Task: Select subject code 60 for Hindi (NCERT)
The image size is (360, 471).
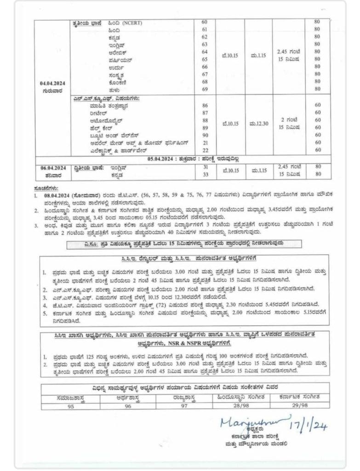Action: (205, 22)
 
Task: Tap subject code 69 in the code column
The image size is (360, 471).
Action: (205, 89)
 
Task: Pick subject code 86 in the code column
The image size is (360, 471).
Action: (205, 105)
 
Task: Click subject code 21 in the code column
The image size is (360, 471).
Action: (205, 143)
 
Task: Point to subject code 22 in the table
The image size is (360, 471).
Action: (205, 150)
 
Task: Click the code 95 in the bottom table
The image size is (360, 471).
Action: (69, 405)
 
